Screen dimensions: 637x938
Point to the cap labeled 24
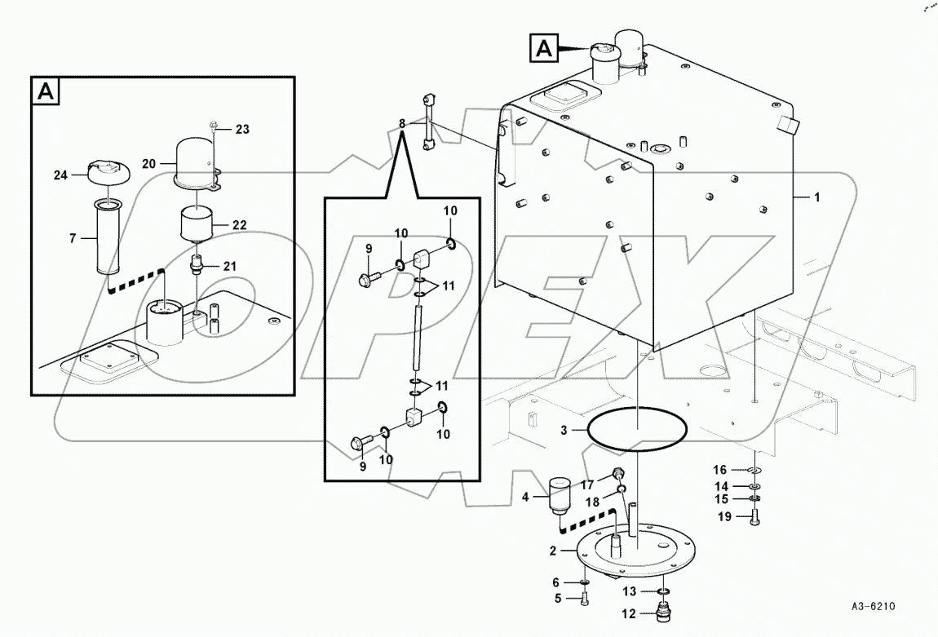pyautogui.click(x=105, y=170)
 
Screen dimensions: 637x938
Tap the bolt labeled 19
pyautogui.click(x=753, y=515)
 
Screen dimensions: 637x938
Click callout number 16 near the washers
pyautogui.click(x=720, y=469)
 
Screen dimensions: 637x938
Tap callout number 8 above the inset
pyautogui.click(x=401, y=124)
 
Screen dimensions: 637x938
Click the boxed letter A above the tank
pyautogui.click(x=543, y=48)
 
